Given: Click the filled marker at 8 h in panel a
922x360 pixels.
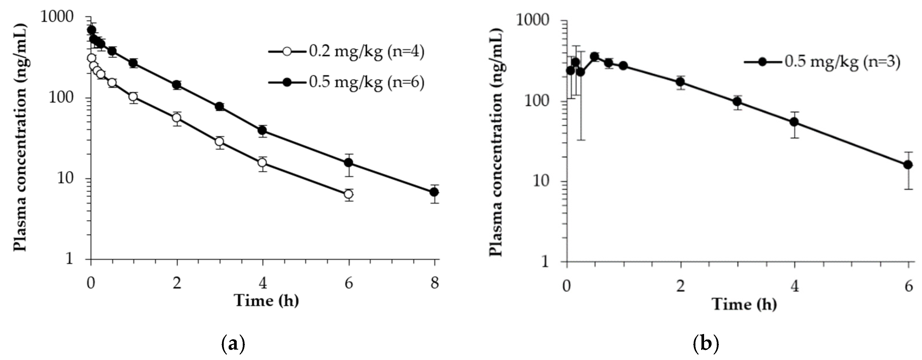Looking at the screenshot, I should [434, 192].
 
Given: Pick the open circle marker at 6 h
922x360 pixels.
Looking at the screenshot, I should [348, 194].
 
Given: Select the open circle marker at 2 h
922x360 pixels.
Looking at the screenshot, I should [177, 118].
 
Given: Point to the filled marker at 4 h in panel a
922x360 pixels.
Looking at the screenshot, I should [263, 130].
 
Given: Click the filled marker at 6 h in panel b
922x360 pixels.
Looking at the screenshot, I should [908, 165].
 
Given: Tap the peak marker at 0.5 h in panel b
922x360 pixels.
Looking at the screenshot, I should [595, 57].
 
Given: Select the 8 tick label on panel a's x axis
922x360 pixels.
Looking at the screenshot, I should [434, 283].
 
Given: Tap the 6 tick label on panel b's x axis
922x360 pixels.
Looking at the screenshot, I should [908, 286].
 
